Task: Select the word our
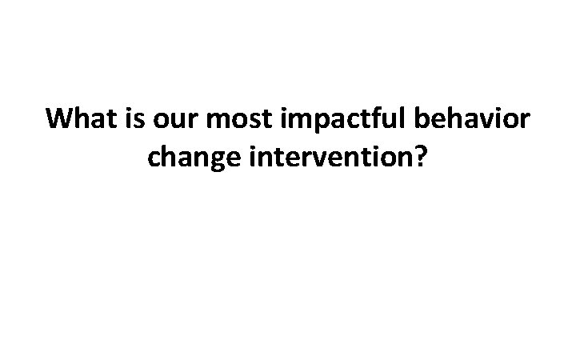[170, 120]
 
